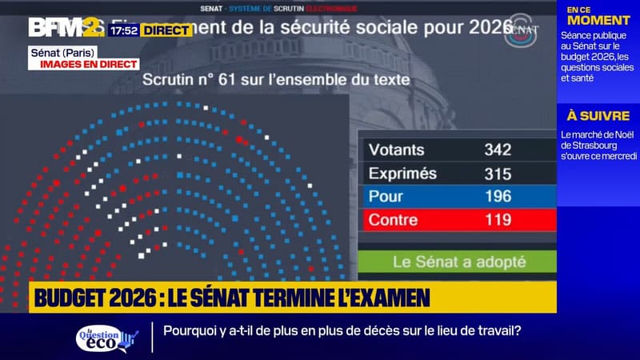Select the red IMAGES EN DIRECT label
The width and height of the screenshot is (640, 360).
[85, 64]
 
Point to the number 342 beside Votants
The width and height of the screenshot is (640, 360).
[498, 150]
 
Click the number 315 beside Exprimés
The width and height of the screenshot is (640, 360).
[498, 173]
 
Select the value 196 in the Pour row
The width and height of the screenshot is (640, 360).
[498, 196]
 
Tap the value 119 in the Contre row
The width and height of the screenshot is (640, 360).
[498, 219]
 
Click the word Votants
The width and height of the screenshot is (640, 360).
[396, 150]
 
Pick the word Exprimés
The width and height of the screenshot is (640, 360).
[402, 173]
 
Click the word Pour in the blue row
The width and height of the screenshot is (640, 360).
[386, 196]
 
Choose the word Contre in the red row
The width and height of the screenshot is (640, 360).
[393, 219]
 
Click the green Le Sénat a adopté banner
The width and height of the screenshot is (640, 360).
[458, 262]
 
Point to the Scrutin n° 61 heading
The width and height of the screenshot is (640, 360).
[276, 80]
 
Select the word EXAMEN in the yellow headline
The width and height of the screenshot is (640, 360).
[393, 298]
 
